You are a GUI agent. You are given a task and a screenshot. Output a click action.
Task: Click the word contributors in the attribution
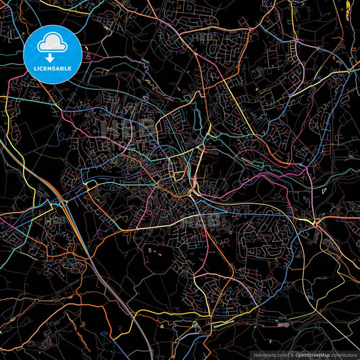tap(344, 355)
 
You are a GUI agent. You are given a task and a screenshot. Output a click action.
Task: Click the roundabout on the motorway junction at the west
tap(61, 201)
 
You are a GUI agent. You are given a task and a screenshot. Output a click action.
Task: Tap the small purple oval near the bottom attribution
tap(283, 325)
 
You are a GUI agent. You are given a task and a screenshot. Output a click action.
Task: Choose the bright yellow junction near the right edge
tap(314, 223)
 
